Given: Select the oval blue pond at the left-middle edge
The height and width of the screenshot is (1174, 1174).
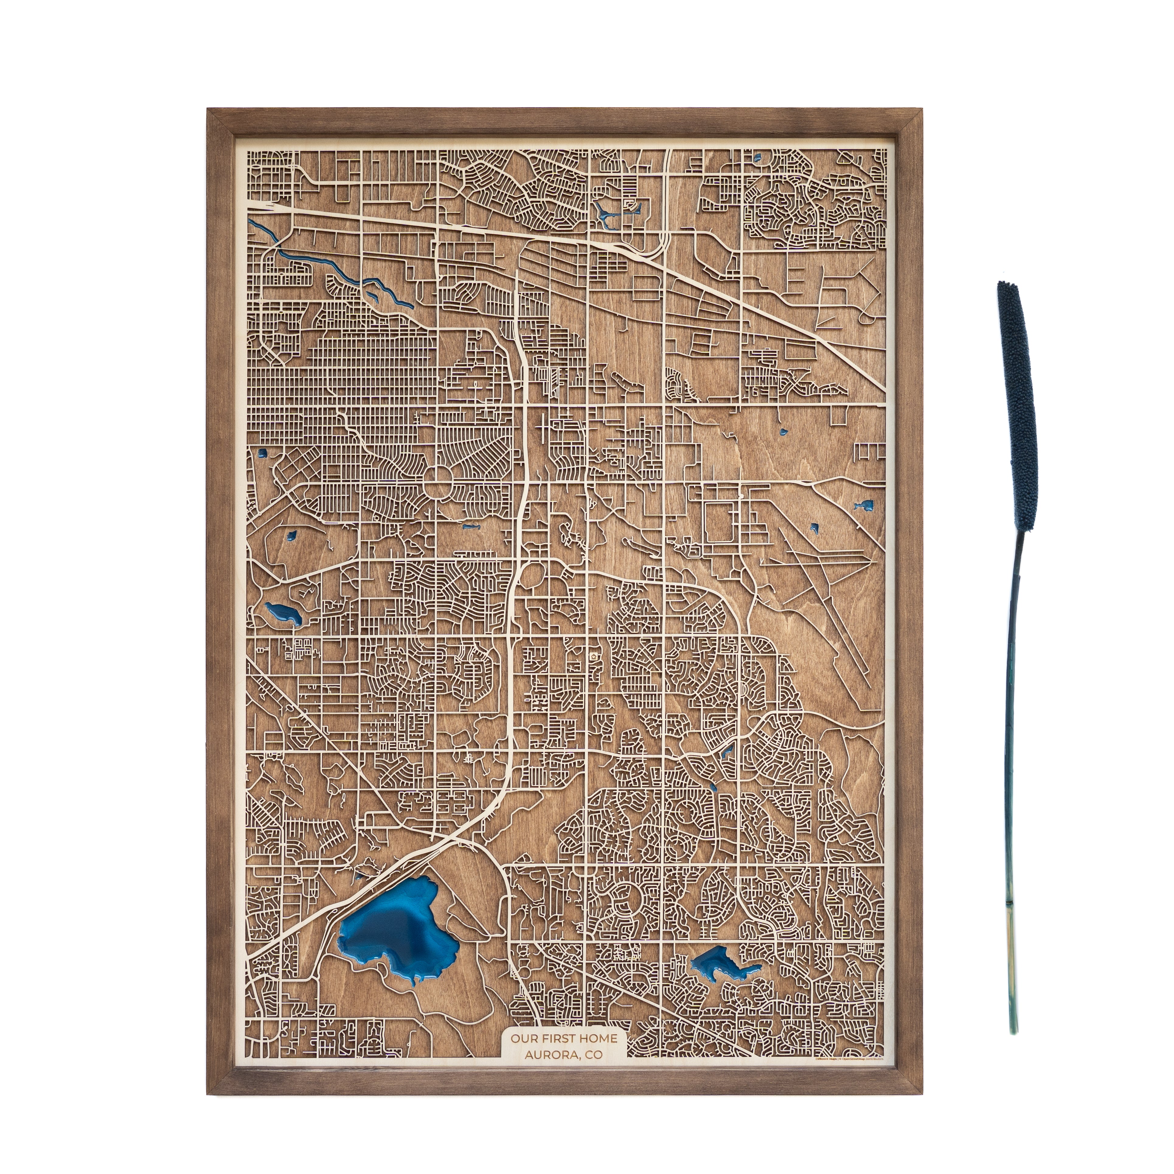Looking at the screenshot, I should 283,614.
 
